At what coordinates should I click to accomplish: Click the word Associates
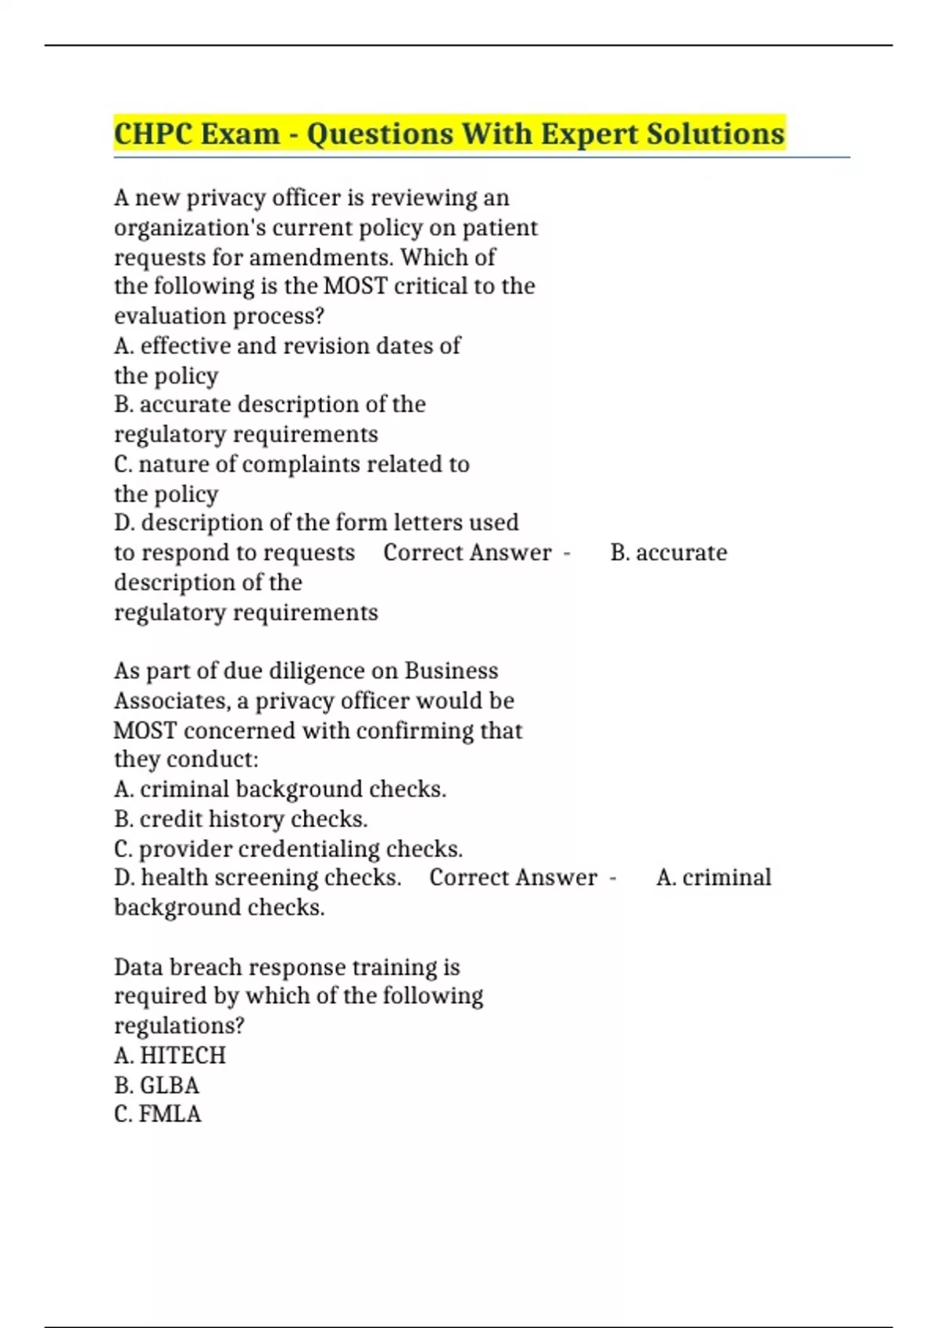[x=171, y=701]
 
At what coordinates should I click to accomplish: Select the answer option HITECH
[x=182, y=1055]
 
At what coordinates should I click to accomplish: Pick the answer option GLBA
[x=169, y=1085]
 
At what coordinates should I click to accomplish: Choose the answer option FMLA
[x=170, y=1114]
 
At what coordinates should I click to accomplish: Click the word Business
[x=451, y=671]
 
